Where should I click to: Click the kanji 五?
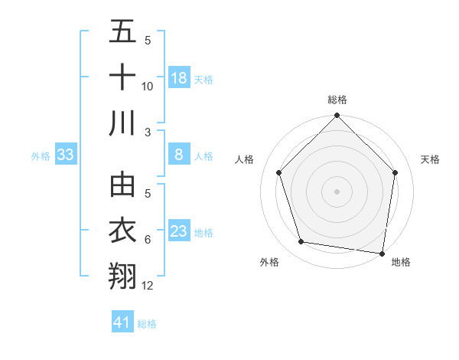(122, 33)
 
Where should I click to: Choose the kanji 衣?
(122, 231)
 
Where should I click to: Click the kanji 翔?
(122, 276)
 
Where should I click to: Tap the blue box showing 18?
(179, 78)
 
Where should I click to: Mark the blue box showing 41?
(122, 322)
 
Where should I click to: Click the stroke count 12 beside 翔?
(148, 286)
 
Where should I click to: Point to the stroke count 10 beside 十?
(148, 87)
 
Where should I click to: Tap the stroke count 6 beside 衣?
(148, 241)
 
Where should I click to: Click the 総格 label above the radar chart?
(337, 100)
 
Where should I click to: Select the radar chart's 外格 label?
(269, 262)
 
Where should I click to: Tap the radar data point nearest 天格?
(395, 172)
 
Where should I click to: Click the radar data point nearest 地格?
(382, 253)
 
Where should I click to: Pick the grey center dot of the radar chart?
(337, 191)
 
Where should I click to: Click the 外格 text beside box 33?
(41, 156)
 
